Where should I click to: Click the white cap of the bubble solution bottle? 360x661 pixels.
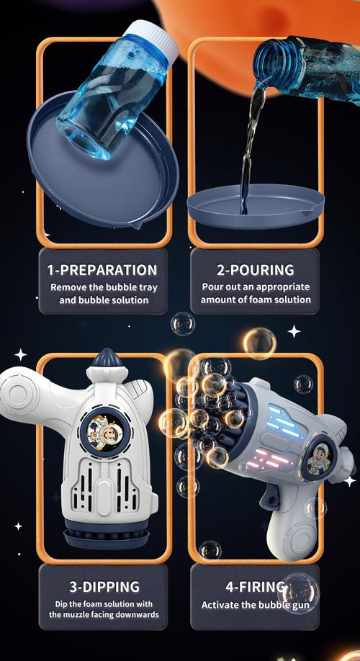152,38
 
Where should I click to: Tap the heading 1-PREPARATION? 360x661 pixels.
103,270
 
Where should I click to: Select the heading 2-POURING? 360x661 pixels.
256,270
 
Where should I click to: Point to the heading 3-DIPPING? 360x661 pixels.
104,586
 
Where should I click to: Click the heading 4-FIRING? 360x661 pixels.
255,586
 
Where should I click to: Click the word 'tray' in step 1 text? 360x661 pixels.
148,288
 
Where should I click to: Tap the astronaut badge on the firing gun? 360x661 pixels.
319,458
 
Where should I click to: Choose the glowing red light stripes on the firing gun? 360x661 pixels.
266,460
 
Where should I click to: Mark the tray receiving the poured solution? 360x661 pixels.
256,206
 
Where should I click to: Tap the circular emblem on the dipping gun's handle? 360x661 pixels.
17,391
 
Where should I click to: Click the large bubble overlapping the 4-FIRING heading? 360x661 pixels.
299,593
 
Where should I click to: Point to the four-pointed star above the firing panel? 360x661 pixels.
294,331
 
